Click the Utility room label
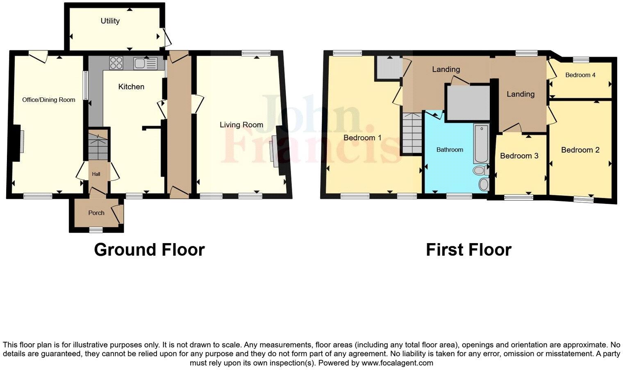coord(110,21)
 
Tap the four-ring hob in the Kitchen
coord(116,63)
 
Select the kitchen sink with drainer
coord(145,63)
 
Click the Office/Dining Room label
coord(49,99)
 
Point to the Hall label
coord(96,174)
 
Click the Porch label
coord(96,213)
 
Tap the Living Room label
coord(241,125)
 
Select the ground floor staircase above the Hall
coord(98,146)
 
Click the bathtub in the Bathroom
coord(481,143)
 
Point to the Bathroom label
coord(450,150)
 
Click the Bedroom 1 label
coord(362,138)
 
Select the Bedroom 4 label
coord(580,75)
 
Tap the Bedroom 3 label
coord(519,156)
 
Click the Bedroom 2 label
coord(580,150)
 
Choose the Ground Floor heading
coord(149,250)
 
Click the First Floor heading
coord(468,250)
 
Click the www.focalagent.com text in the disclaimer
coord(397,363)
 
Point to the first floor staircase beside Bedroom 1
coord(412,133)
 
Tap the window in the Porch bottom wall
coord(96,230)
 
